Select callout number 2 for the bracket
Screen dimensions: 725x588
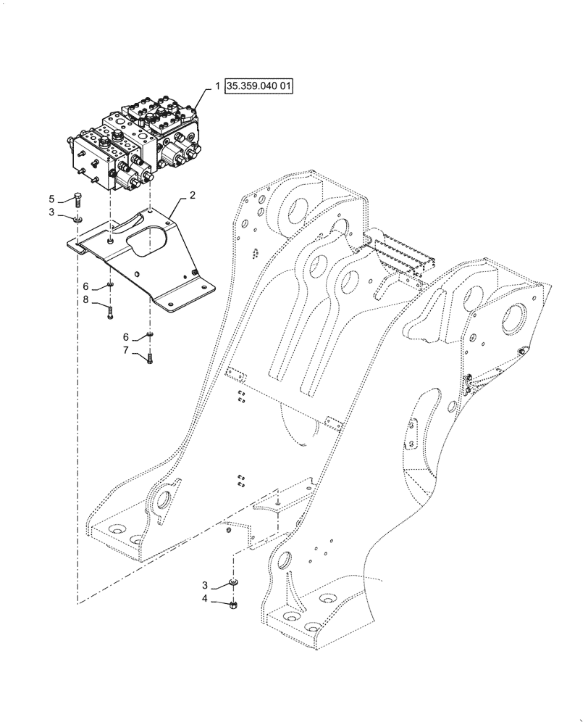tap(193, 196)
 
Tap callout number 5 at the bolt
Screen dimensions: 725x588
tap(51, 198)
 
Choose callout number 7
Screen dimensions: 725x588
tap(126, 351)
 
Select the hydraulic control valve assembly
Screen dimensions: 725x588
tap(138, 145)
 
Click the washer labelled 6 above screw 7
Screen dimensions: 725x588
tap(149, 334)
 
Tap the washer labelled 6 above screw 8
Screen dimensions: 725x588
tap(109, 285)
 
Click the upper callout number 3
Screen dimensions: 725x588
tap(51, 212)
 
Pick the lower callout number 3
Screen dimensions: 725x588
tap(204, 584)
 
